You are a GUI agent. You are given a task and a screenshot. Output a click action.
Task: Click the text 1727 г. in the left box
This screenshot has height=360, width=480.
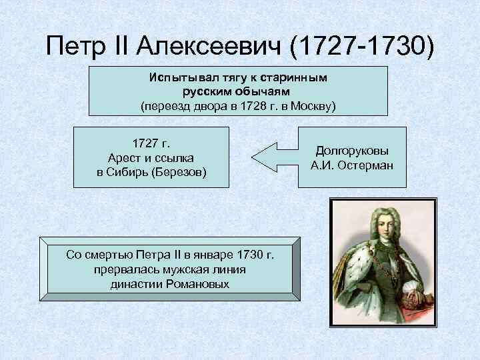[151, 143]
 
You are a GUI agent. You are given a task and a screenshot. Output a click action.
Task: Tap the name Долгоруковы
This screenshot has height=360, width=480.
[351, 151]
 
